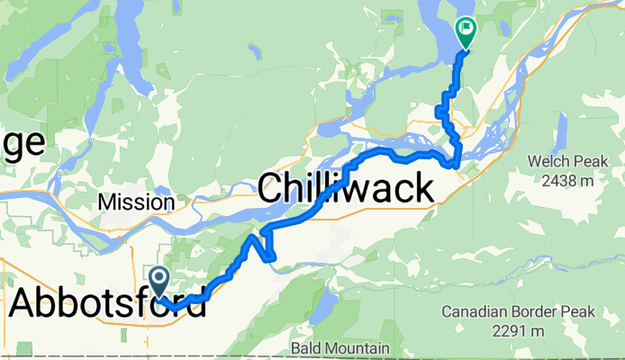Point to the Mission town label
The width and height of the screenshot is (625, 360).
pyautogui.click(x=137, y=202)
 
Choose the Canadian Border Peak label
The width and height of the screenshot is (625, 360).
pyautogui.click(x=519, y=312)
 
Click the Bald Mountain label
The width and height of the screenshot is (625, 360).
pyautogui.click(x=340, y=347)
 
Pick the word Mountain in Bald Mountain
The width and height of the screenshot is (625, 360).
pyautogui.click(x=358, y=347)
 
